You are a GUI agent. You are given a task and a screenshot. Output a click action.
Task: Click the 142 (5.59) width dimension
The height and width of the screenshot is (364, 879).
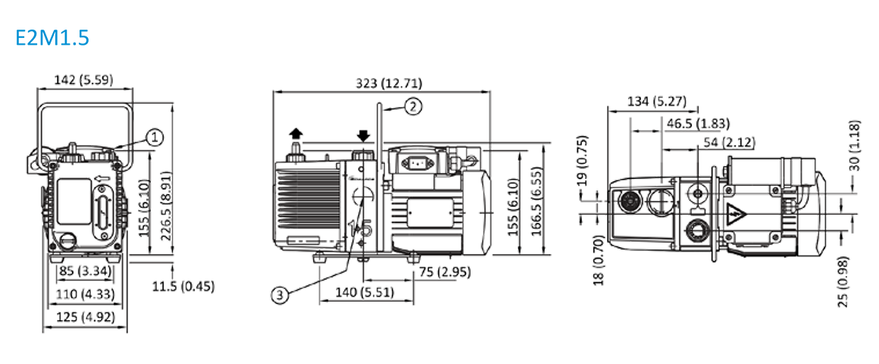coord(85,80)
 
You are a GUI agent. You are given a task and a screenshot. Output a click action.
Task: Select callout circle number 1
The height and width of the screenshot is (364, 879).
coord(155,136)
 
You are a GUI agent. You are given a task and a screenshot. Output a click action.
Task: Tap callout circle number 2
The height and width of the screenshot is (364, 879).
coord(412,106)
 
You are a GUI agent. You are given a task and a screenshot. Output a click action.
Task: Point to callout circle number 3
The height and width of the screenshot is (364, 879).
coord(280,297)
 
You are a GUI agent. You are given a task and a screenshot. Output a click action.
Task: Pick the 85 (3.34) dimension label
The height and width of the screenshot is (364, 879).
coord(86,271)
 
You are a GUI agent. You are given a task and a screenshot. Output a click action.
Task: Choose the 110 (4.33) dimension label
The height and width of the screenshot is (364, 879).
coord(85,293)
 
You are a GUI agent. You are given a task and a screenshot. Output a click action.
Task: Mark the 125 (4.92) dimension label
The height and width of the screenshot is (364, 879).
coord(85,316)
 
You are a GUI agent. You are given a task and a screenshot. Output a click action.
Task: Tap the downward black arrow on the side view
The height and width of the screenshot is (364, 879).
coord(363,136)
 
